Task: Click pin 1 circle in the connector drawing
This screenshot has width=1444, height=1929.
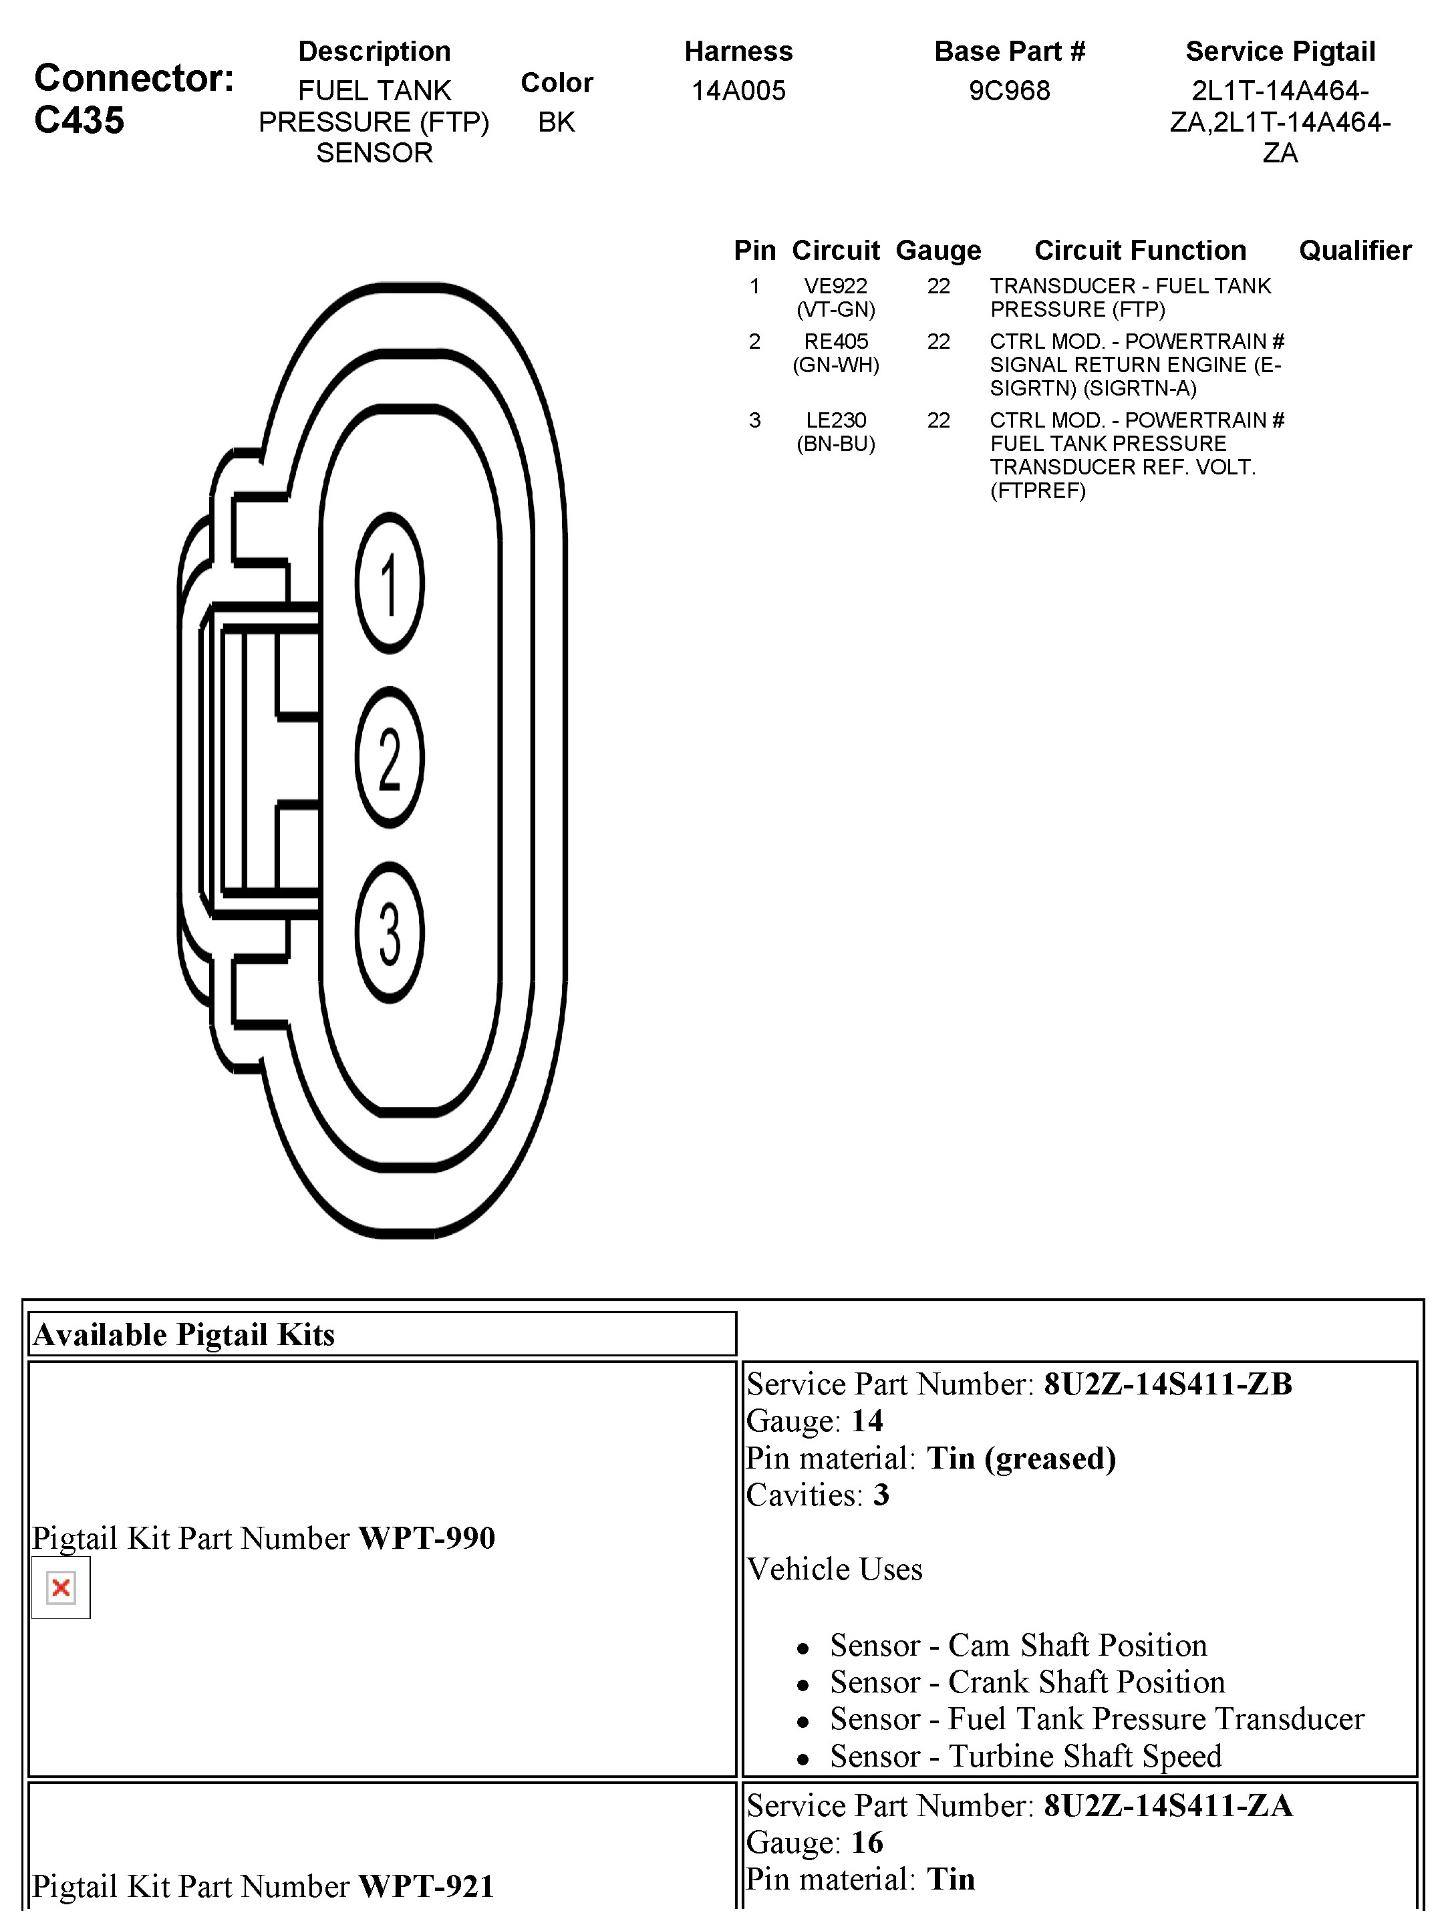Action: [389, 583]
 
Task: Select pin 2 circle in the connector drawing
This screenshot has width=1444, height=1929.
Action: [389, 758]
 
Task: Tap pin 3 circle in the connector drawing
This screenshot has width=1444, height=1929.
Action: [389, 932]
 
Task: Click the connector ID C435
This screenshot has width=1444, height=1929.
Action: [80, 120]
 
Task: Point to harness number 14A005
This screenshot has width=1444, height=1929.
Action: [738, 91]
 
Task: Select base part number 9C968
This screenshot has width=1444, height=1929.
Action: [1009, 91]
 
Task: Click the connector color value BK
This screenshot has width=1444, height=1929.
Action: [557, 122]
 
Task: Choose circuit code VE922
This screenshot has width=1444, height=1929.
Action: [835, 286]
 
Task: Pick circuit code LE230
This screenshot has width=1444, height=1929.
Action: [835, 420]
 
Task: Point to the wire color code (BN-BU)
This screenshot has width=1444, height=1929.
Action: [835, 444]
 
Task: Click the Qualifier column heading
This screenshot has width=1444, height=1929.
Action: [1354, 251]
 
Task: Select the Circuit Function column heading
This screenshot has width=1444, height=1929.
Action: [1140, 251]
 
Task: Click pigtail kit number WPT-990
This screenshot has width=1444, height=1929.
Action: [426, 1538]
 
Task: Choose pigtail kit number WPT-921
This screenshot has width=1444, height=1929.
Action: [426, 1886]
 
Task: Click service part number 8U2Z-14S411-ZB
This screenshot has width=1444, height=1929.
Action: [1167, 1384]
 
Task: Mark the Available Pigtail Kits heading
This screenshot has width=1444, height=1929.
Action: [184, 1335]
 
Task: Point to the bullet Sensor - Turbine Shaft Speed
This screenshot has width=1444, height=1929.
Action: [1026, 1755]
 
